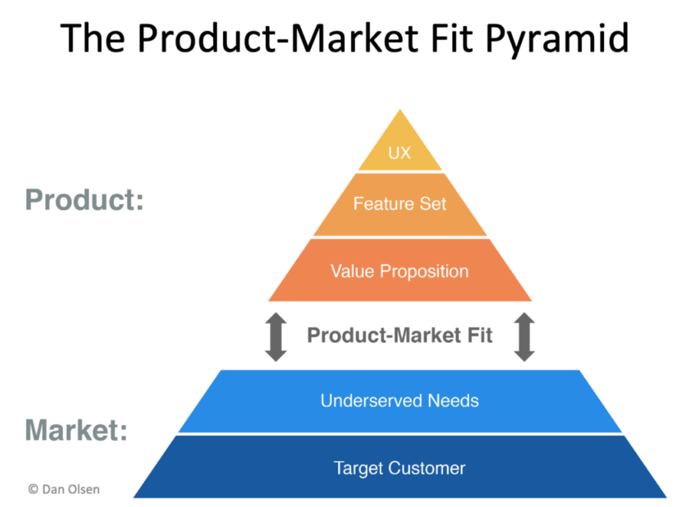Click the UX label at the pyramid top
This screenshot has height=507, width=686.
(x=399, y=153)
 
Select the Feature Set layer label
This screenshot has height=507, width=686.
(x=399, y=203)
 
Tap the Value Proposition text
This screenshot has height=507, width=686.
(x=399, y=271)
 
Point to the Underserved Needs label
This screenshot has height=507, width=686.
(x=399, y=401)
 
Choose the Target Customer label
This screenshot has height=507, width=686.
(x=399, y=467)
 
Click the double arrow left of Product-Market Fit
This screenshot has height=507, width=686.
(x=276, y=338)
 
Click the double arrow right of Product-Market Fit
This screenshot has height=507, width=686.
(x=525, y=338)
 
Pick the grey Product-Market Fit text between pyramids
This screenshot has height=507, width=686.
(x=399, y=335)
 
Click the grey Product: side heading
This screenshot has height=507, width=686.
(x=84, y=200)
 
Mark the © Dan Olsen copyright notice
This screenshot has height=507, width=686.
(x=64, y=490)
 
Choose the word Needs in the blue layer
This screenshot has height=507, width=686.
(x=455, y=401)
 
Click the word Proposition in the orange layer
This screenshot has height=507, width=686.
(x=425, y=271)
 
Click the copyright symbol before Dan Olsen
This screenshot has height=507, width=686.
(x=33, y=490)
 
